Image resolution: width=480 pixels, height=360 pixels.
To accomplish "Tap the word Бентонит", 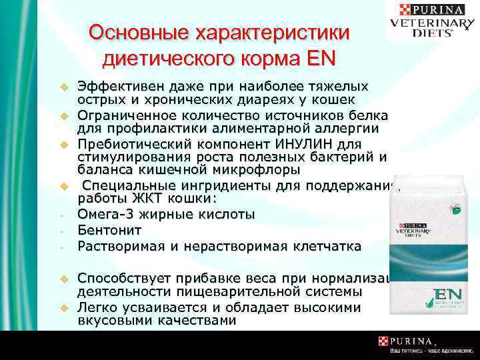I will [x=109, y=230].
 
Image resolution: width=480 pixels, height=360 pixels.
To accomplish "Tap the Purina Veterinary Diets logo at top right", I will [x=433, y=19].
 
